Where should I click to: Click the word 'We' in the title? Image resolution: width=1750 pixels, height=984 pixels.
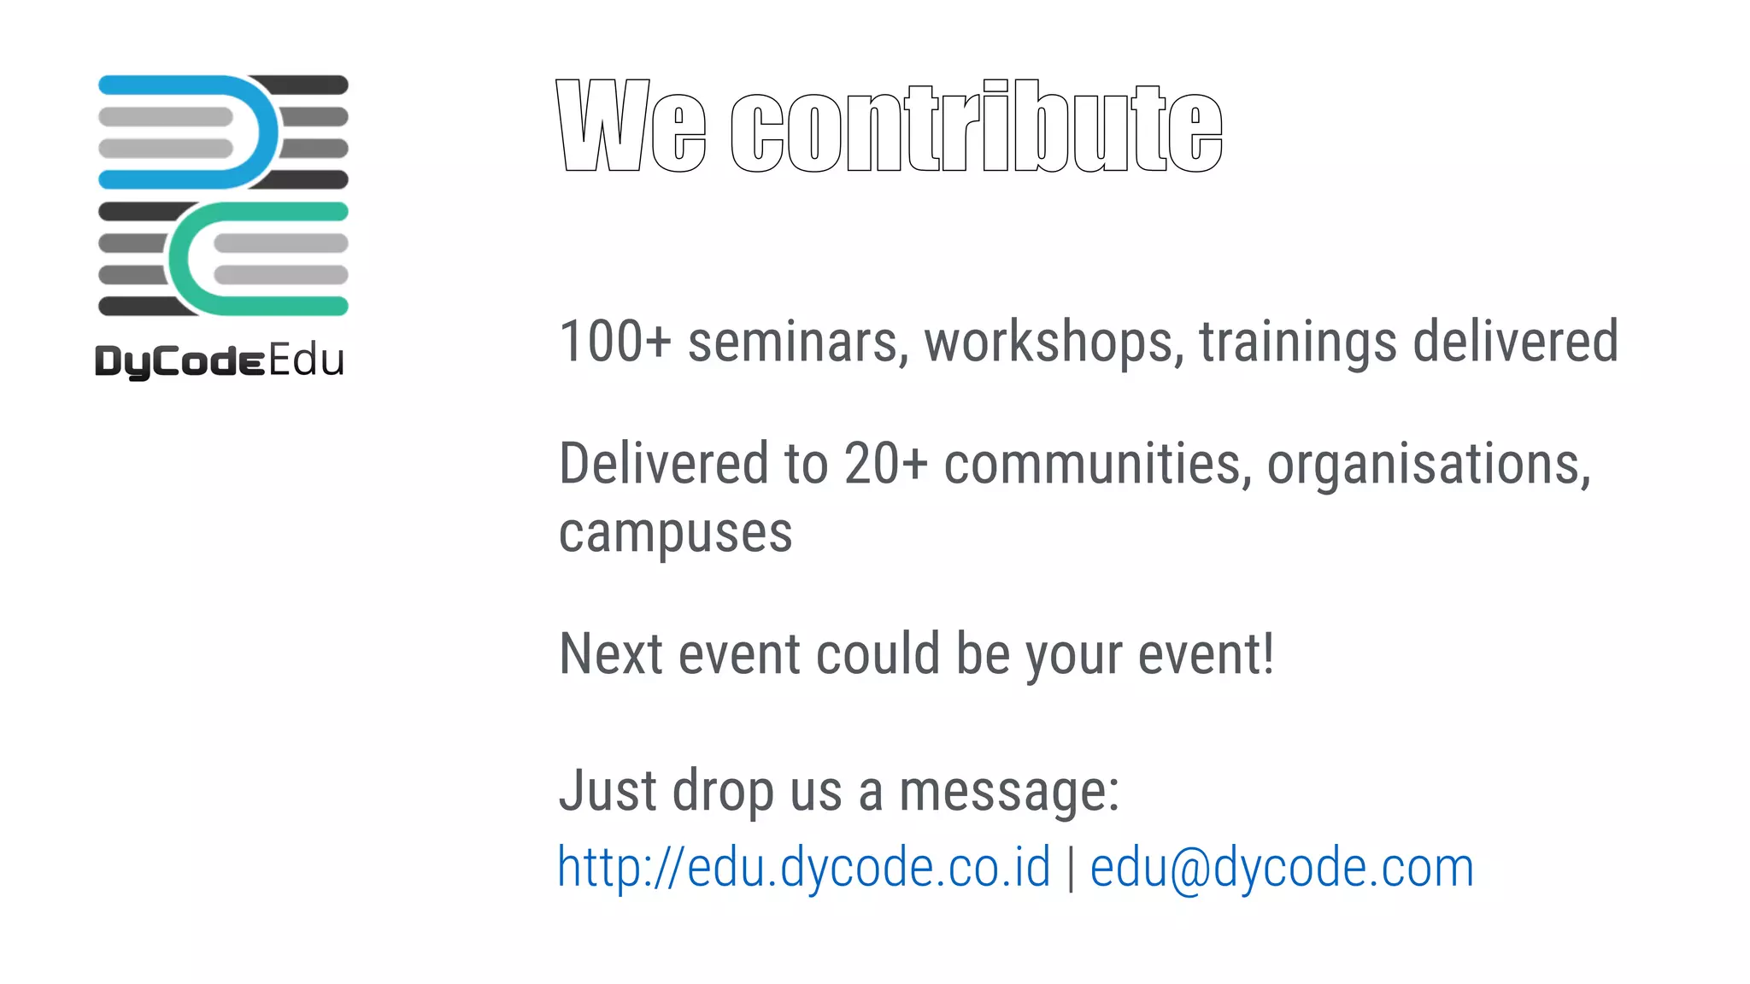[x=631, y=126]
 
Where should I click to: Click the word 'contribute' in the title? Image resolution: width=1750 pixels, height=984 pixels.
[x=977, y=126]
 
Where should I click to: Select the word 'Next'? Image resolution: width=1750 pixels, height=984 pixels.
[x=611, y=654]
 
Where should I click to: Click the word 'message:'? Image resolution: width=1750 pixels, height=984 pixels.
[x=1009, y=791]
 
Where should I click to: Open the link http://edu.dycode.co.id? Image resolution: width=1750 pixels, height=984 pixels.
[x=803, y=868]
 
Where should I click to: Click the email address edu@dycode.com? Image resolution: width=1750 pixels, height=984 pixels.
[x=1282, y=868]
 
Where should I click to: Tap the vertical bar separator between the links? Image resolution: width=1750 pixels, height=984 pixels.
[x=1071, y=868]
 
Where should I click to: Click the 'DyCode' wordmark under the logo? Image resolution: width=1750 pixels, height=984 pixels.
[x=179, y=361]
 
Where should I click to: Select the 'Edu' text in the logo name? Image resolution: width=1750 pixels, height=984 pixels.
[x=307, y=360]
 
